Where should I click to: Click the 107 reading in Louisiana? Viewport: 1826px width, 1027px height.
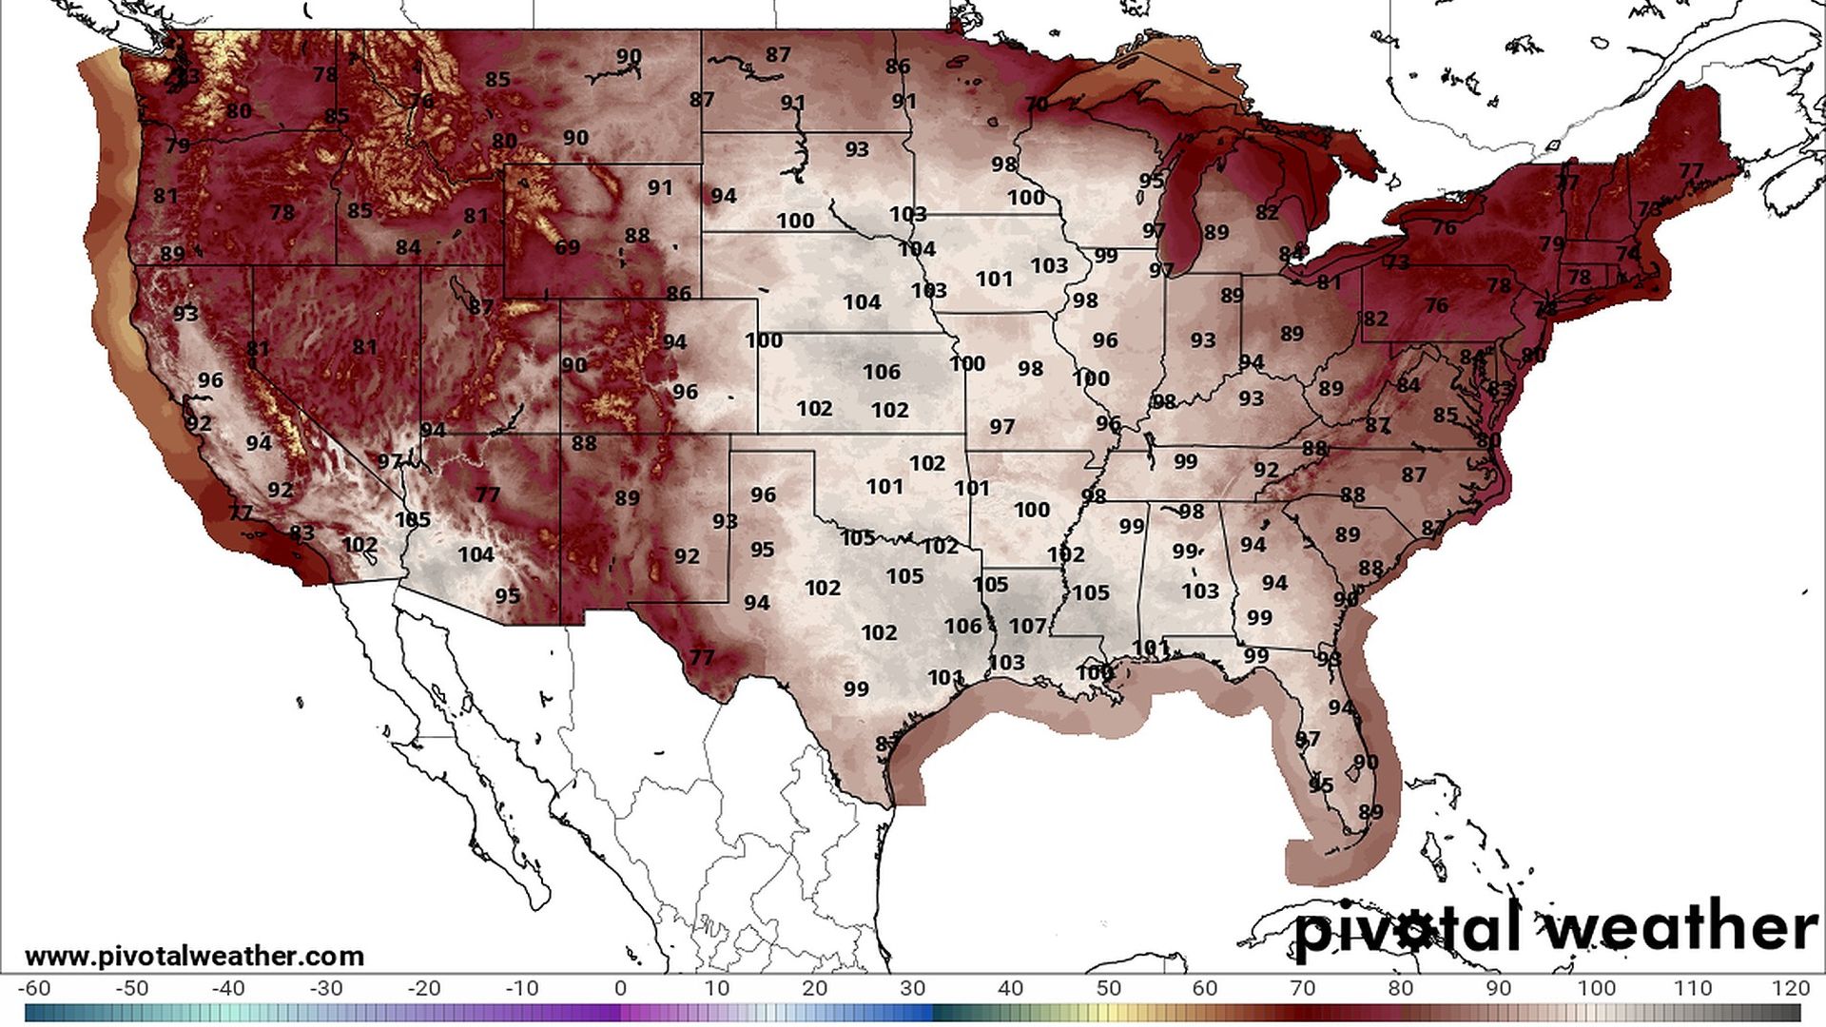tap(1027, 626)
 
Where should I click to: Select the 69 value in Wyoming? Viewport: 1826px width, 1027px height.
tap(567, 247)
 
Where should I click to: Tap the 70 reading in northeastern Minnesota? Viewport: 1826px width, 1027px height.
tap(1037, 104)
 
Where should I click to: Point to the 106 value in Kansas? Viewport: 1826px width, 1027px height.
tap(881, 372)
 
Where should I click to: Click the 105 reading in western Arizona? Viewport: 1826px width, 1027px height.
tap(413, 520)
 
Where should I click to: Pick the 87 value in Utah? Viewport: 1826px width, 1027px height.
tap(480, 307)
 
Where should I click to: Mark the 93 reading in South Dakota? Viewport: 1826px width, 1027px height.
tap(856, 149)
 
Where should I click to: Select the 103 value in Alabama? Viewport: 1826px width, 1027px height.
tap(1199, 591)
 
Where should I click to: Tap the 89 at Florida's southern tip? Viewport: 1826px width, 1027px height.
tap(1370, 812)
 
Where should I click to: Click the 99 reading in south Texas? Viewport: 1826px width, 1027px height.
tap(855, 688)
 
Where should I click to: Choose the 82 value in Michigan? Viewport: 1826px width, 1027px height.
tap(1266, 213)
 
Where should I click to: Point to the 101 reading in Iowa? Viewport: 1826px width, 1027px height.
tap(994, 279)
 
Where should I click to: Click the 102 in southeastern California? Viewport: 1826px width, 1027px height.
tap(359, 545)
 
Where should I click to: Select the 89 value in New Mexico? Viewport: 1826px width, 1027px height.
tap(627, 497)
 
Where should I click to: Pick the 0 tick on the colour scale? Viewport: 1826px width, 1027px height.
tap(620, 988)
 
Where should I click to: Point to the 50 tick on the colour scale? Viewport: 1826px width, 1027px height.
tap(1108, 988)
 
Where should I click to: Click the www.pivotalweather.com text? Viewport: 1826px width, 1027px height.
tap(194, 956)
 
